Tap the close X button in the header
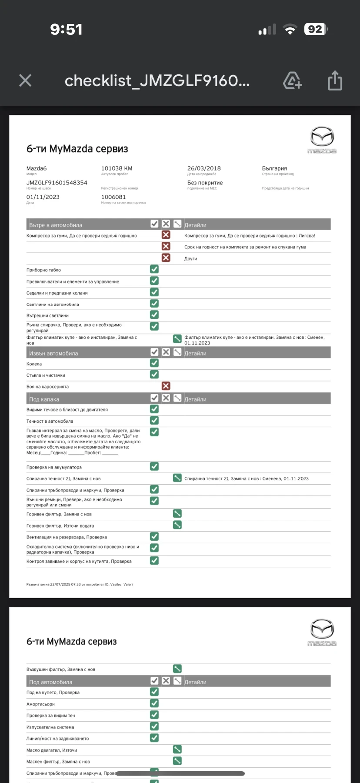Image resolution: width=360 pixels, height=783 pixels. (25, 80)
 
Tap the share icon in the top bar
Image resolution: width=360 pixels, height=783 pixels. (335, 80)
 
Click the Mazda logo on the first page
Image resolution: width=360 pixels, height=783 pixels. (322, 140)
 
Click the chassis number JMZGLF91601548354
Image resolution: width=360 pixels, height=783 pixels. (57, 183)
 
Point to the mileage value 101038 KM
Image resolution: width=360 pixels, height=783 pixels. (117, 168)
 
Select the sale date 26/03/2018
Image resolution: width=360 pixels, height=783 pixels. (204, 168)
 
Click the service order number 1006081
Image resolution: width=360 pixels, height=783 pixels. (113, 197)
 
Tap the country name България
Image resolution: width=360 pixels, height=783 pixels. (274, 168)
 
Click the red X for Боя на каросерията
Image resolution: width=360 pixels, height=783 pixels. (166, 386)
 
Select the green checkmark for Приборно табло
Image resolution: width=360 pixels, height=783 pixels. (154, 269)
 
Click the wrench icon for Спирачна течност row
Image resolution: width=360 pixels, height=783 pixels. (177, 478)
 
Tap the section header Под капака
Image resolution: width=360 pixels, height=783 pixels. (44, 399)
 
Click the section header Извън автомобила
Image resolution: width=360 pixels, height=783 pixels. (53, 353)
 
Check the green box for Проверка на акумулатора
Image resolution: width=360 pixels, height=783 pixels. (154, 466)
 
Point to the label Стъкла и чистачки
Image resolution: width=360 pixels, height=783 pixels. (46, 375)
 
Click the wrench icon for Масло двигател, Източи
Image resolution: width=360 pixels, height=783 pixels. (177, 750)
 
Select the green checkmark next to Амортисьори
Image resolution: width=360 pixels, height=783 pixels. (154, 703)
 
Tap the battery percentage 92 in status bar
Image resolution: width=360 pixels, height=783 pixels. (315, 29)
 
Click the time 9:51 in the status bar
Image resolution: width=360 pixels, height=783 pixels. (66, 29)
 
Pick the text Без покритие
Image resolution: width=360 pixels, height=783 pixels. (205, 183)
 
